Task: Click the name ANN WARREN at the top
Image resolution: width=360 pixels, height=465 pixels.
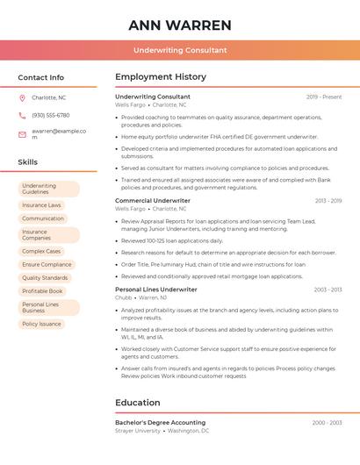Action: point(180,25)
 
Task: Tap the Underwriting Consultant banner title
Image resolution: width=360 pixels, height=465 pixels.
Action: point(180,51)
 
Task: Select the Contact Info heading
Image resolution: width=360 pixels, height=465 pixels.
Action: point(41,77)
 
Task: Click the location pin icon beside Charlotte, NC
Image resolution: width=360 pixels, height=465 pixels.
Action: point(22,98)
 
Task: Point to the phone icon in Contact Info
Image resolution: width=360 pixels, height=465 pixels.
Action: point(22,116)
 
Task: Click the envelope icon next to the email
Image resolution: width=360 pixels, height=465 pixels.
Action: point(22,133)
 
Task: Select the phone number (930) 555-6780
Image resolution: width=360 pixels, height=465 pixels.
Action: point(51,116)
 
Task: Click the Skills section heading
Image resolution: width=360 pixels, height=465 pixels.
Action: point(28,162)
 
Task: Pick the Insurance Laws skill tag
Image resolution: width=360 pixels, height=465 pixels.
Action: point(41,205)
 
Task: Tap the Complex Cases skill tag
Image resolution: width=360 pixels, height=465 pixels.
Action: point(41,251)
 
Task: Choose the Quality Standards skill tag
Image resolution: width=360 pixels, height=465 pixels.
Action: point(45,278)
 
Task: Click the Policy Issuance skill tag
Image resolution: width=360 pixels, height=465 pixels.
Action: point(41,324)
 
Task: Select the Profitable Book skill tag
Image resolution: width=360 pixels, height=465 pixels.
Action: point(42,291)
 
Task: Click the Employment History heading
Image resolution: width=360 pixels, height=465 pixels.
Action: point(161,77)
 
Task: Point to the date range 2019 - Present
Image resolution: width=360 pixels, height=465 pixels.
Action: point(324,97)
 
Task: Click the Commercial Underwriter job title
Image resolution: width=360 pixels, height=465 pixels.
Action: point(153,201)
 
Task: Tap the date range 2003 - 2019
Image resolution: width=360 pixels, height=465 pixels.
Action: point(328,201)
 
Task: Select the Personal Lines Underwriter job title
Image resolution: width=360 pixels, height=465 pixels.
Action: point(156,290)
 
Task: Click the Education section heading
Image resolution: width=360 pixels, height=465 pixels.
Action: point(138,403)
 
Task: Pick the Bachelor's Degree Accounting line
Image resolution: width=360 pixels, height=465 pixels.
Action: point(161,423)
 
